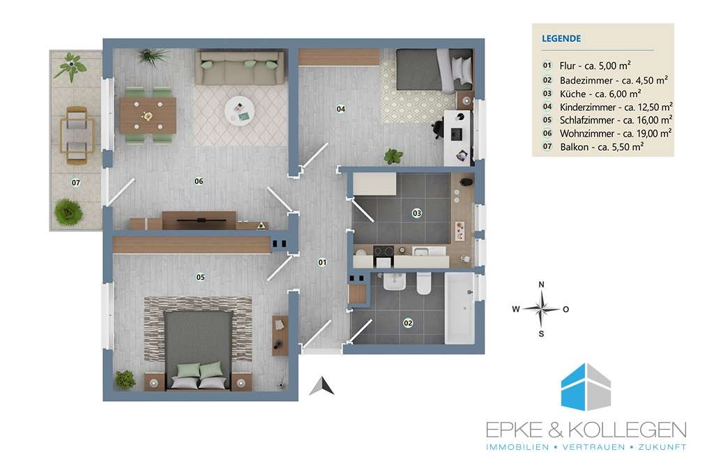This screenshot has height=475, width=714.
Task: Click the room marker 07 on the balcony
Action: click(76, 183)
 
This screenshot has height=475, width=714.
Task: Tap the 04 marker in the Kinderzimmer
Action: click(340, 109)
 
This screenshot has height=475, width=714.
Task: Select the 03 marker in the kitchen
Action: click(417, 213)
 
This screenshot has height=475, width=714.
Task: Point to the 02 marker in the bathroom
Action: click(408, 323)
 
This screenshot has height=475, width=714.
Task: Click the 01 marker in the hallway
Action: click(322, 262)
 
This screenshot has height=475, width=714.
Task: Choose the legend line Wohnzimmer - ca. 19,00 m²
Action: click(615, 133)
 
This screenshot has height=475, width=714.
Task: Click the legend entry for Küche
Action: click(600, 94)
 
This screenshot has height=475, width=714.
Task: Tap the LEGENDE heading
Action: click(561, 38)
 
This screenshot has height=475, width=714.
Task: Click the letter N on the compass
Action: click(541, 285)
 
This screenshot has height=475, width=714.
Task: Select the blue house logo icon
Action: click(586, 386)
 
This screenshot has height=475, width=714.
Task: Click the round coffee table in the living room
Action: click(240, 111)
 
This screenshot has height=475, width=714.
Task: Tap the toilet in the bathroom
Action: click(424, 282)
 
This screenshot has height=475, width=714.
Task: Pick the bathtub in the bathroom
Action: click(460, 308)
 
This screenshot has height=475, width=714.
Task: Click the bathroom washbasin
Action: click(395, 281)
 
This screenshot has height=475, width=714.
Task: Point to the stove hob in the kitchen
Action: click(383, 251)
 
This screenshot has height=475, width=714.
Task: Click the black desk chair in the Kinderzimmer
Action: click(436, 128)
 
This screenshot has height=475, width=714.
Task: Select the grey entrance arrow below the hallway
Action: click(322, 386)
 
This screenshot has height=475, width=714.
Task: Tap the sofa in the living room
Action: click(241, 68)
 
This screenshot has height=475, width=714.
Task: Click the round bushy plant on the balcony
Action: click(69, 212)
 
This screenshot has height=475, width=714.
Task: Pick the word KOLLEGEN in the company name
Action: click(628, 430)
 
